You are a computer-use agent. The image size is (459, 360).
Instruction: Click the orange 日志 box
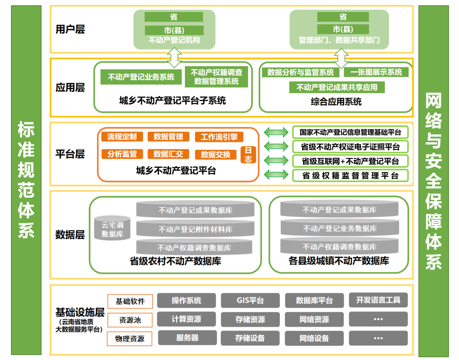pyautogui.click(x=248, y=155)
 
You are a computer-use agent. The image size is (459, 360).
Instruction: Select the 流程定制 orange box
pyautogui.click(x=122, y=137)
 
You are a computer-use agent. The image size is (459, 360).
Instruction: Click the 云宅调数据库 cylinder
pyautogui.click(x=112, y=229)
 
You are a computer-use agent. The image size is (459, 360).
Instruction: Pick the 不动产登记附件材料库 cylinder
pyautogui.click(x=195, y=229)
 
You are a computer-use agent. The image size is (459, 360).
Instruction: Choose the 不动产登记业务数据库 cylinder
pyautogui.click(x=340, y=228)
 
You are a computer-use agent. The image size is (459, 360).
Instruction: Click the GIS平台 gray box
pyautogui.click(x=250, y=301)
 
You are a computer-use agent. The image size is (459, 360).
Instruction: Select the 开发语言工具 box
pyautogui.click(x=378, y=300)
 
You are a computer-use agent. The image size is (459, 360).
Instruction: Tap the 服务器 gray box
pyautogui.click(x=187, y=338)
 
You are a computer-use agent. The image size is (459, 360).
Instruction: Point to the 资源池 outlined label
pyautogui.click(x=130, y=320)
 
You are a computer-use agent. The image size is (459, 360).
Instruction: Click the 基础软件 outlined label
pyautogui.click(x=130, y=301)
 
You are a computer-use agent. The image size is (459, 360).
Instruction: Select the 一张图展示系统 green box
pyautogui.click(x=376, y=72)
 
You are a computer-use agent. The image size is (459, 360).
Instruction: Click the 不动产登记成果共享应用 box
pyautogui.click(x=337, y=87)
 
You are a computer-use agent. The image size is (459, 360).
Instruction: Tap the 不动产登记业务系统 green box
pyautogui.click(x=141, y=77)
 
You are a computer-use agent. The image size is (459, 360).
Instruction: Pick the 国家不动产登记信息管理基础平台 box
pyautogui.click(x=350, y=132)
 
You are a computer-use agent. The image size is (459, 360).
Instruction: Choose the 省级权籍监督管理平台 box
pyautogui.click(x=350, y=176)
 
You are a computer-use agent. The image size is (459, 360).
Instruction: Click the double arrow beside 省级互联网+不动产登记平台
pyautogui.click(x=276, y=161)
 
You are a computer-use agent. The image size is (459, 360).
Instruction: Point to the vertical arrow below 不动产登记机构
pyautogui.click(x=174, y=57)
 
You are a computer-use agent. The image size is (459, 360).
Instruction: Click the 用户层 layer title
pyautogui.click(x=70, y=29)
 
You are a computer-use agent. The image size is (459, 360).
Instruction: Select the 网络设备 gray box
pyautogui.click(x=314, y=338)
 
